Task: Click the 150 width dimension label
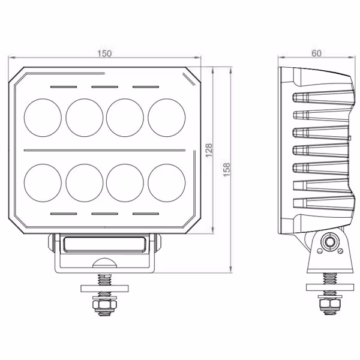104,53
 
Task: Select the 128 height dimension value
209,151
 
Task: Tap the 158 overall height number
227,170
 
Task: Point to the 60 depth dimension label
316,53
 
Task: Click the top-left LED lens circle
43,118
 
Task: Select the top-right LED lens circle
166,118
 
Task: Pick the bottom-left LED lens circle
43,183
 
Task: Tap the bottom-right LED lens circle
166,183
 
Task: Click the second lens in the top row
84,118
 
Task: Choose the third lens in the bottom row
125,183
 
